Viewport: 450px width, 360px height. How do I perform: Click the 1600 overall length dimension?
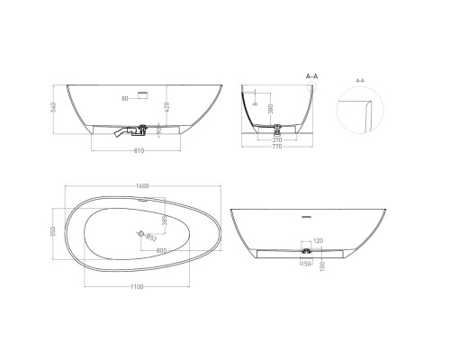(142, 186)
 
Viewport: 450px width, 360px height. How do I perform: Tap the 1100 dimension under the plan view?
(135, 285)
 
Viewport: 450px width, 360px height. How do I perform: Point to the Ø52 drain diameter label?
(149, 239)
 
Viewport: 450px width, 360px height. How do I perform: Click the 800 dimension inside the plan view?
(160, 250)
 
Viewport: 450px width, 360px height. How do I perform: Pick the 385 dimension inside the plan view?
(165, 220)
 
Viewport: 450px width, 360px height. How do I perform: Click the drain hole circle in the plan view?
(140, 234)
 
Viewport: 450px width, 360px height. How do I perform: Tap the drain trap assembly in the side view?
(134, 130)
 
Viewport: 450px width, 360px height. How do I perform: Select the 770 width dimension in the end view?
(277, 146)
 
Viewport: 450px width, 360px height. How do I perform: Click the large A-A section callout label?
(312, 77)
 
